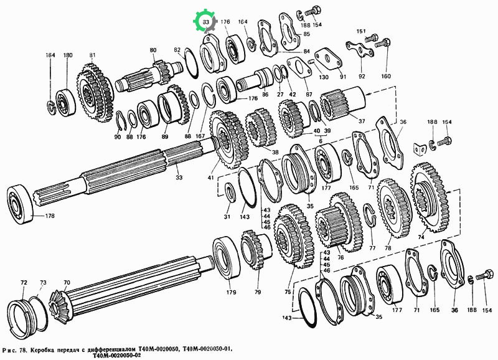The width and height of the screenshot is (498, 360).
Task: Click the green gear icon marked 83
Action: pos(205,22)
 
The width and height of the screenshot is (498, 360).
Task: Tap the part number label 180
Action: pos(68,55)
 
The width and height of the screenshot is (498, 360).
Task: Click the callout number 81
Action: pos(92,55)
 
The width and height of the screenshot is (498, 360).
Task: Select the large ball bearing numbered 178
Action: pos(21,204)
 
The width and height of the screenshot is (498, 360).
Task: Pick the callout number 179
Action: pos(231,292)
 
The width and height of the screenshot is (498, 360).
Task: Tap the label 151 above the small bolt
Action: pos(361,31)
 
